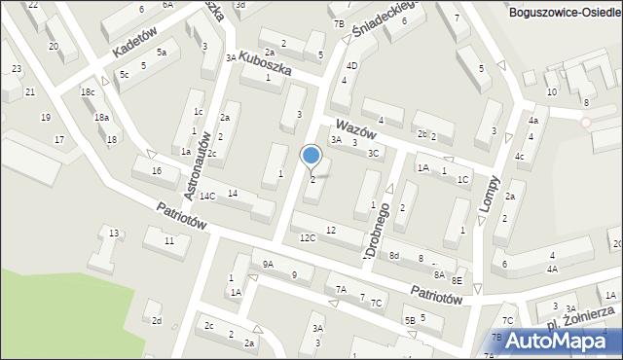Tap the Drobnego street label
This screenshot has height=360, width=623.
(380, 230)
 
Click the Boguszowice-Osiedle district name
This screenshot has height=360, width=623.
(565, 11)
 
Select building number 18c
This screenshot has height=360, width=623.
(88, 92)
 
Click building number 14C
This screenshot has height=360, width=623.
(207, 197)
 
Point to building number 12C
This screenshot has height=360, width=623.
(308, 238)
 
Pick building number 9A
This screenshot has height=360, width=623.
(269, 264)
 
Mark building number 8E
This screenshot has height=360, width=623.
(457, 280)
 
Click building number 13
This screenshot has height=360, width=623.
(114, 233)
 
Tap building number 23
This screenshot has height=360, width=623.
(17, 68)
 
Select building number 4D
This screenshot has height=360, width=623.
(351, 66)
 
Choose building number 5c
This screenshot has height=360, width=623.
(124, 74)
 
